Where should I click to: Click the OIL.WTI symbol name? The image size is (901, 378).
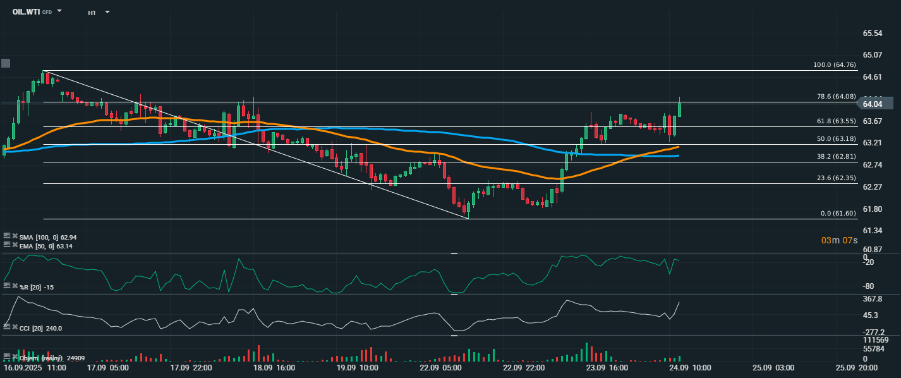coord(26,11)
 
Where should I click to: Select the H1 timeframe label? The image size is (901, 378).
coord(92,12)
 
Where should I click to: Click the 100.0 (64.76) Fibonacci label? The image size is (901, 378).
coord(834,65)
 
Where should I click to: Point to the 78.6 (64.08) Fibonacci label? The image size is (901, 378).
coord(836,97)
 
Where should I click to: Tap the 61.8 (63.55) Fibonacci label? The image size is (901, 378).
coord(836,121)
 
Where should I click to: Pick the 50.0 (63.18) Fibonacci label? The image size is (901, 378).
coord(836,138)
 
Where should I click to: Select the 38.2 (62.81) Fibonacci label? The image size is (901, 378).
coord(836,156)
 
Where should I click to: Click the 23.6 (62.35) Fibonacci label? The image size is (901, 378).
coord(836,178)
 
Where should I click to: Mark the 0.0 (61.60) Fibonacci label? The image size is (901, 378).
coord(838,214)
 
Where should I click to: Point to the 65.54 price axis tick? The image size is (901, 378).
coord(872,33)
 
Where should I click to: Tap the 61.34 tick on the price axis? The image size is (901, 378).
coord(872,231)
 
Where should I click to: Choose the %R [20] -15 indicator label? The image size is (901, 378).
coord(36,288)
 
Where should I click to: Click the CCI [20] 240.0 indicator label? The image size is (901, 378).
coord(42,329)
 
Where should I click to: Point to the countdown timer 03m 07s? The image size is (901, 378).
coord(839,240)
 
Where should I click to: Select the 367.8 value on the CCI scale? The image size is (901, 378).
coord(872,299)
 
